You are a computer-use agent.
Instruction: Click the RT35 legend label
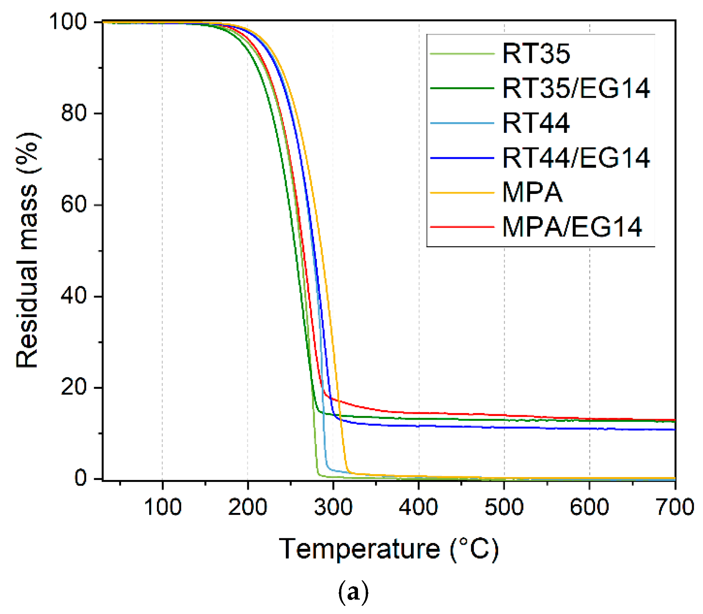pos(536,54)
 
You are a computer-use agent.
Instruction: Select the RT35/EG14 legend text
pos(576,88)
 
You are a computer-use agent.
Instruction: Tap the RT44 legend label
pos(536,123)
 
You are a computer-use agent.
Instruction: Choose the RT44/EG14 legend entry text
pos(576,158)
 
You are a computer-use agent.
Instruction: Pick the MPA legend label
pos(532,192)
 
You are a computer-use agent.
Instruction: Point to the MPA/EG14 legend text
pos(572,227)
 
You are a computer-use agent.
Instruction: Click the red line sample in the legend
pos(462,227)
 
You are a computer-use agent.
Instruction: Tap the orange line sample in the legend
pos(462,193)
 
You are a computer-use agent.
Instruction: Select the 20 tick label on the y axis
pos(74,387)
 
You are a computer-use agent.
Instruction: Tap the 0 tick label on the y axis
pos(80,478)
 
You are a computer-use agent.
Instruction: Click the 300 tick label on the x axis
pos(333,507)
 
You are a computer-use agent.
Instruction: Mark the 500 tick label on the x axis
pos(504,507)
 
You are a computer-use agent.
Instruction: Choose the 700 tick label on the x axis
pos(674,507)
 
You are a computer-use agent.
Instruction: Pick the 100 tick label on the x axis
pos(163,507)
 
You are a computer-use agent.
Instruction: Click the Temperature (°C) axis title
pos(389,549)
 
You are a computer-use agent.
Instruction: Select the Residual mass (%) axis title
pos(27,250)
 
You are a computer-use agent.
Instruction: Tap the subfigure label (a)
pos(353,592)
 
